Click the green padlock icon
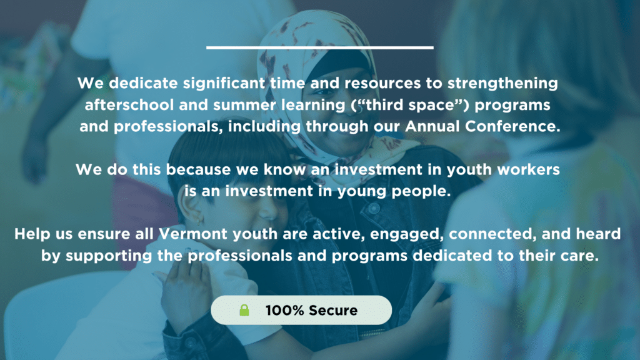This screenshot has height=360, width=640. (x=244, y=310)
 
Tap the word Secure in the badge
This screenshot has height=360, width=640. (x=333, y=311)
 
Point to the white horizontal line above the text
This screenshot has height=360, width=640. (x=319, y=47)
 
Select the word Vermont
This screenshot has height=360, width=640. (x=192, y=234)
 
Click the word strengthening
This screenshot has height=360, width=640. (x=502, y=84)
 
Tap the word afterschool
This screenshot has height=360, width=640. (x=129, y=105)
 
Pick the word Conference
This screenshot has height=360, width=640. (x=512, y=126)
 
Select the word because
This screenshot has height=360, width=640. (x=198, y=169)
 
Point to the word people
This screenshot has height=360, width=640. (x=421, y=191)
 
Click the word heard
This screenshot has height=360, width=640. (x=598, y=234)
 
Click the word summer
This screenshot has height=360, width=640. (x=244, y=105)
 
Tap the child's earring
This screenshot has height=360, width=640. (x=200, y=221)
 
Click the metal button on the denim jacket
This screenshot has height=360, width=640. (x=374, y=209)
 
